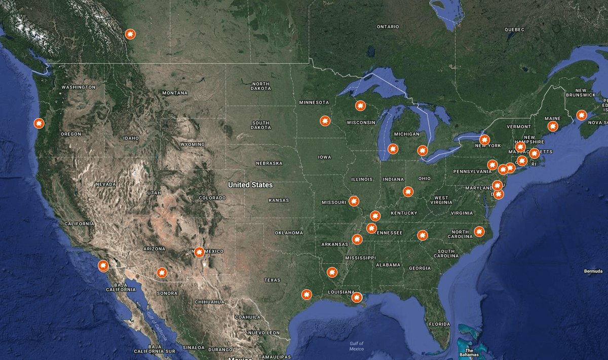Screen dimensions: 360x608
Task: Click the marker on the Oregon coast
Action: (x=39, y=123)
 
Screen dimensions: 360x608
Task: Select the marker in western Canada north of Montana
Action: (x=130, y=34)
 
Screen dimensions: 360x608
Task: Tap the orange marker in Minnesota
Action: (x=325, y=121)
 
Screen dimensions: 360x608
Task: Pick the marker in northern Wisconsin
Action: (x=360, y=106)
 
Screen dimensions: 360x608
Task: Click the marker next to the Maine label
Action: (x=553, y=126)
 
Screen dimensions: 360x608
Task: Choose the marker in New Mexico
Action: (x=199, y=252)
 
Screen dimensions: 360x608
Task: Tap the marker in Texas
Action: (x=307, y=294)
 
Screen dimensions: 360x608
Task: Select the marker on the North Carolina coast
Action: (x=479, y=232)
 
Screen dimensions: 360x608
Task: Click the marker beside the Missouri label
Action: (x=354, y=201)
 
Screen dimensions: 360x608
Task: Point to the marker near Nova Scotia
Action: (x=581, y=115)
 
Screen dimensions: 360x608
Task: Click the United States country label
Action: (x=250, y=185)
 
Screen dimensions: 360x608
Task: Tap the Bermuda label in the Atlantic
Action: (x=593, y=271)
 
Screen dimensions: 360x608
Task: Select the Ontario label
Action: (x=388, y=27)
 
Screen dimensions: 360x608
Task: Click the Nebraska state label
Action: (x=269, y=163)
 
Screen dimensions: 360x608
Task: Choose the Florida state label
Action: (x=439, y=324)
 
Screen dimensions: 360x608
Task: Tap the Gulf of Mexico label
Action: (x=357, y=346)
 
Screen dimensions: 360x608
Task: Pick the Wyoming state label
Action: (x=193, y=145)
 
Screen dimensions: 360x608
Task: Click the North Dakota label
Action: (x=260, y=86)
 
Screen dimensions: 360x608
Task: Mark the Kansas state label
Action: (x=279, y=200)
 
